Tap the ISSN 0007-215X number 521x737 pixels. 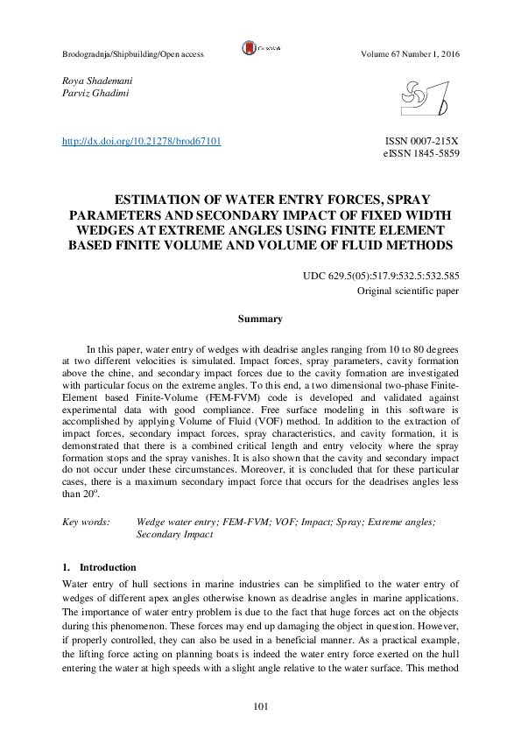pyautogui.click(x=422, y=141)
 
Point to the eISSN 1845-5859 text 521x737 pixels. pyautogui.click(x=422, y=153)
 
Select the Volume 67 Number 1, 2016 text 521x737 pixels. pyautogui.click(x=410, y=54)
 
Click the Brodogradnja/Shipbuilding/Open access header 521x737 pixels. pyautogui.click(x=133, y=54)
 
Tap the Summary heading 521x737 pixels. pyautogui.click(x=260, y=319)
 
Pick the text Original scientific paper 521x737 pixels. pyautogui.click(x=408, y=290)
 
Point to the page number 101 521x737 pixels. pyautogui.click(x=260, y=707)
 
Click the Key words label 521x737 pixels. pyautogui.click(x=86, y=522)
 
